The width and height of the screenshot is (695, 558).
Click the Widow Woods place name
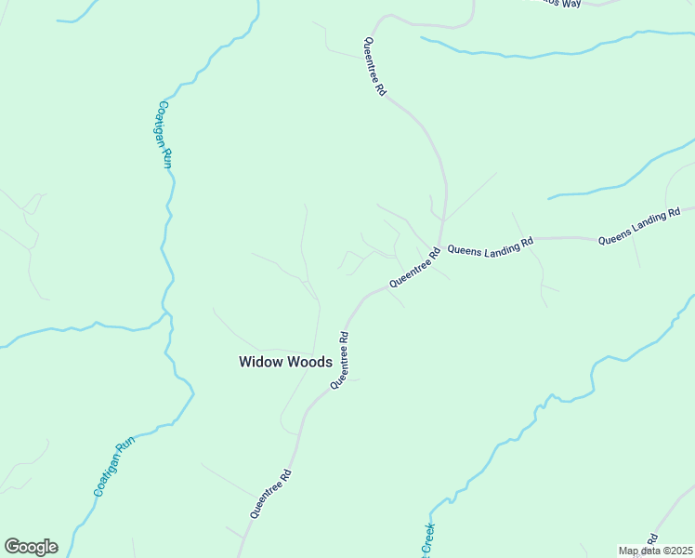pyautogui.click(x=285, y=362)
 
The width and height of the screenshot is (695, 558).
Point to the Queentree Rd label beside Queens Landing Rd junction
pyautogui.click(x=414, y=267)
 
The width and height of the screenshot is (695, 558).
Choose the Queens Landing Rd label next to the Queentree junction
pyautogui.click(x=490, y=246)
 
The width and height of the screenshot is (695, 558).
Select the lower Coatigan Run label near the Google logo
pyautogui.click(x=115, y=467)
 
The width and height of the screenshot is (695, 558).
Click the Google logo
pyautogui.click(x=31, y=547)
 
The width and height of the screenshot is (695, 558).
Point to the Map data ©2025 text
pyautogui.click(x=656, y=551)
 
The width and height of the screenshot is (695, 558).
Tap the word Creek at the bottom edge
pyautogui.click(x=429, y=539)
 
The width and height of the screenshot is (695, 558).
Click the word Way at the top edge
pyautogui.click(x=570, y=4)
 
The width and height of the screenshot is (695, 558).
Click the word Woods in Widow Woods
pyautogui.click(x=310, y=362)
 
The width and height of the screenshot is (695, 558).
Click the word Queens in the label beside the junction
pyautogui.click(x=463, y=249)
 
